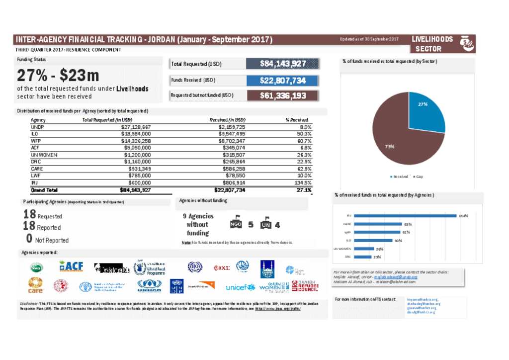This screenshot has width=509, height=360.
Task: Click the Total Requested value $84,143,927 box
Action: pyautogui.click(x=282, y=64)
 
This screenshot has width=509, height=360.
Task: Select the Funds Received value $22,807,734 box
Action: pyautogui.click(x=282, y=80)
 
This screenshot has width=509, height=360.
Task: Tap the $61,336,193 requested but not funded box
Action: pyautogui.click(x=282, y=95)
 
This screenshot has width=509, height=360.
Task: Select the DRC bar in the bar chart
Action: pyautogui.click(x=364, y=257)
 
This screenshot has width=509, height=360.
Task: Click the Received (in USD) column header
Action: pyautogui.click(x=227, y=120)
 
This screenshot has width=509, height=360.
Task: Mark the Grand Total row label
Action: pyautogui.click(x=44, y=190)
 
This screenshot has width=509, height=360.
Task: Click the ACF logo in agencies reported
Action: pyautogui.click(x=71, y=267)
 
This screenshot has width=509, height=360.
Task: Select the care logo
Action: pyautogui.click(x=35, y=285)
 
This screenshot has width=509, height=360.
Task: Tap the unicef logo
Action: pyautogui.click(x=240, y=287)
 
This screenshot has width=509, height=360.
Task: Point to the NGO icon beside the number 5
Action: pyautogui.click(x=236, y=224)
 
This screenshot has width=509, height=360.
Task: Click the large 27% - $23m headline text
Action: pyautogui.click(x=58, y=75)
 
